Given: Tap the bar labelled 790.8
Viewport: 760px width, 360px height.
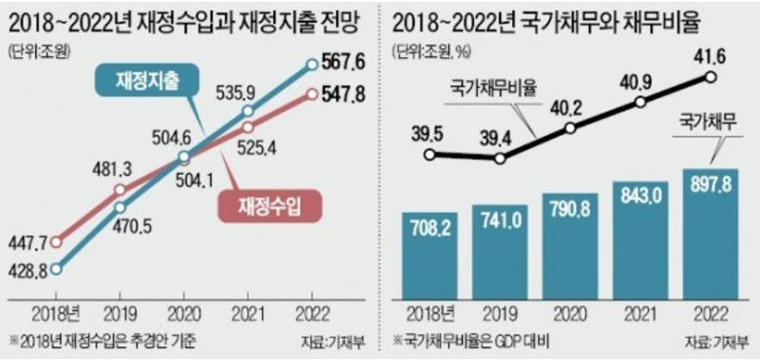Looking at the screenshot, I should coord(570,244).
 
